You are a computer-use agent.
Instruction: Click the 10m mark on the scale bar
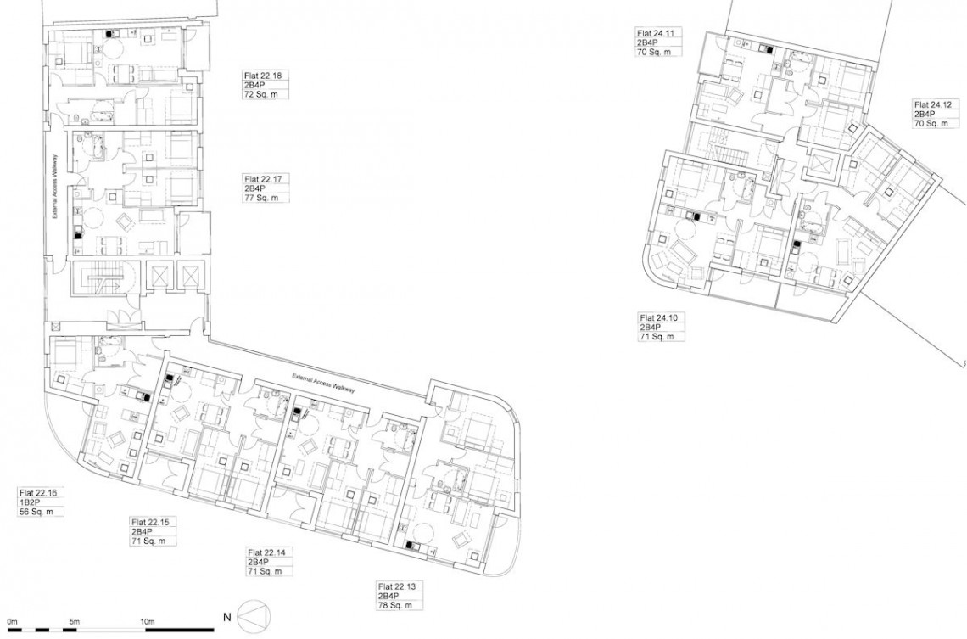click(x=148, y=622)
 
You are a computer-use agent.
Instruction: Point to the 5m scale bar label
click(x=74, y=622)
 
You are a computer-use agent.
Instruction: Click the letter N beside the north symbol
click(x=226, y=617)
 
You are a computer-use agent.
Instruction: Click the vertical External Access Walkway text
click(x=55, y=186)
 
